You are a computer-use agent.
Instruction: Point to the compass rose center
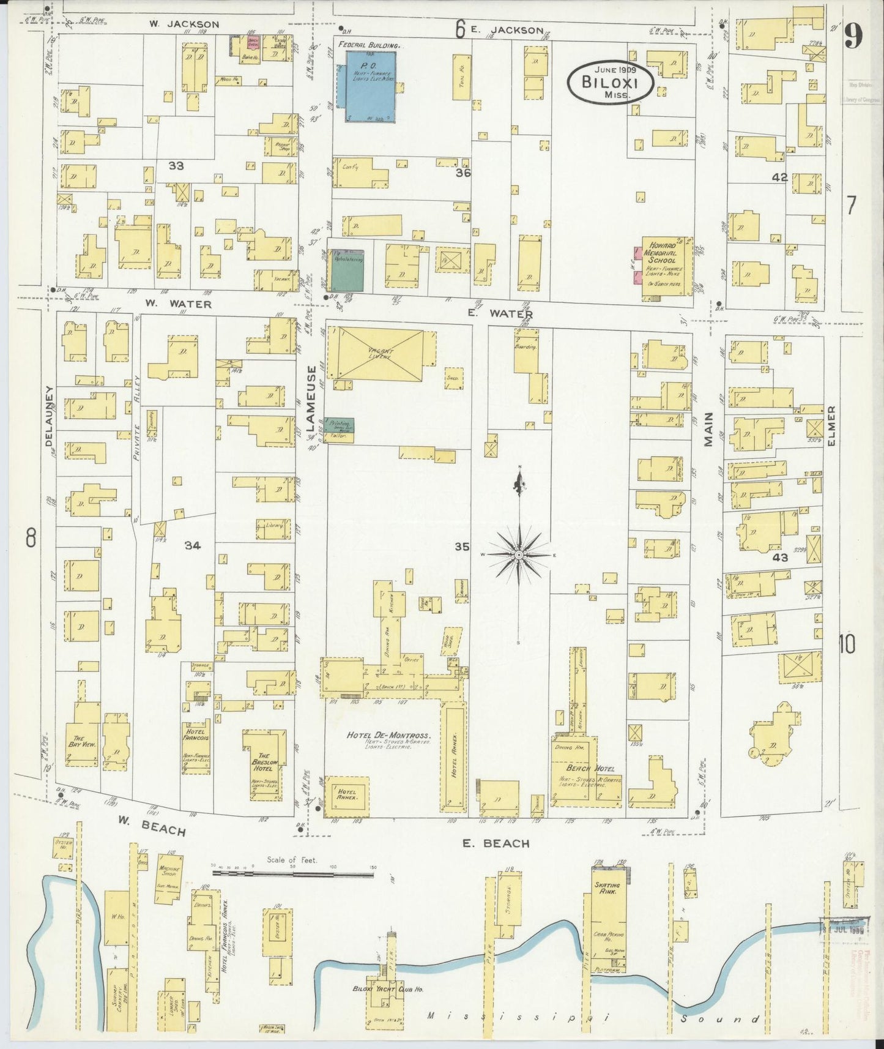pyautogui.click(x=519, y=554)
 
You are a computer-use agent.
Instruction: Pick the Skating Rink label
pyautogui.click(x=607, y=888)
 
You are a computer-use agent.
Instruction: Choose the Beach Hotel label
pyautogui.click(x=586, y=768)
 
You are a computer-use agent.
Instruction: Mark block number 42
pyautogui.click(x=779, y=177)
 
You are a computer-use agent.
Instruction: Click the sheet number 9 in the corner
pyautogui.click(x=853, y=36)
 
